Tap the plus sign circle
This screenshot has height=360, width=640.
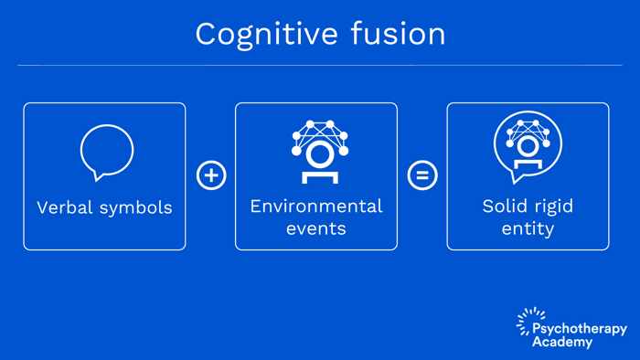(x=211, y=175)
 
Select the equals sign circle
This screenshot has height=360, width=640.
(x=422, y=175)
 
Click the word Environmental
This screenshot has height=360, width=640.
(x=316, y=206)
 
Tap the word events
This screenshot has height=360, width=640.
(x=316, y=228)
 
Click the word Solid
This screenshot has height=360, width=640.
(x=504, y=206)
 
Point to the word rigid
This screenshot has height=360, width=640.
(x=552, y=206)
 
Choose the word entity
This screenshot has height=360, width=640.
(x=528, y=228)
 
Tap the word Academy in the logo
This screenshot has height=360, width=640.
(x=562, y=343)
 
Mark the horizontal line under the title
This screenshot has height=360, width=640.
(x=320, y=65)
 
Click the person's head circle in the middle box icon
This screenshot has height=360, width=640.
(x=320, y=153)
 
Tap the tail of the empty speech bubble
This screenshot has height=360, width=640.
(x=96, y=175)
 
